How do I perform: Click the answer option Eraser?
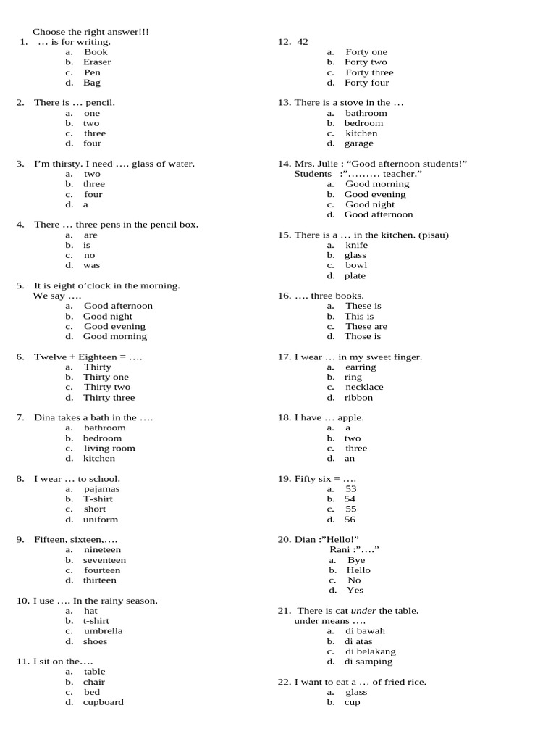(x=96, y=62)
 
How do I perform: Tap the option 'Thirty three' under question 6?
(x=109, y=398)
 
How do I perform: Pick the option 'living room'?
(x=109, y=449)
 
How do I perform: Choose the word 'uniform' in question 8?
(x=101, y=520)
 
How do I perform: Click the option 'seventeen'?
(x=104, y=560)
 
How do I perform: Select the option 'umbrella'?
(x=104, y=631)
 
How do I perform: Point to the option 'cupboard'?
(x=104, y=702)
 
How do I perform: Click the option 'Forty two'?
(x=366, y=62)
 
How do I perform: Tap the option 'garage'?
(x=359, y=143)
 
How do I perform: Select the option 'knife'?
(x=356, y=246)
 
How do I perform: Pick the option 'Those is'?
(x=363, y=337)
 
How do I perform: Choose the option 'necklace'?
(x=364, y=388)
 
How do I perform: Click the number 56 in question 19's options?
(x=350, y=520)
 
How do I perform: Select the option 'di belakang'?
(x=370, y=651)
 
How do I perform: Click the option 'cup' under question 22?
(x=352, y=702)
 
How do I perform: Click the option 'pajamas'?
(x=101, y=489)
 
